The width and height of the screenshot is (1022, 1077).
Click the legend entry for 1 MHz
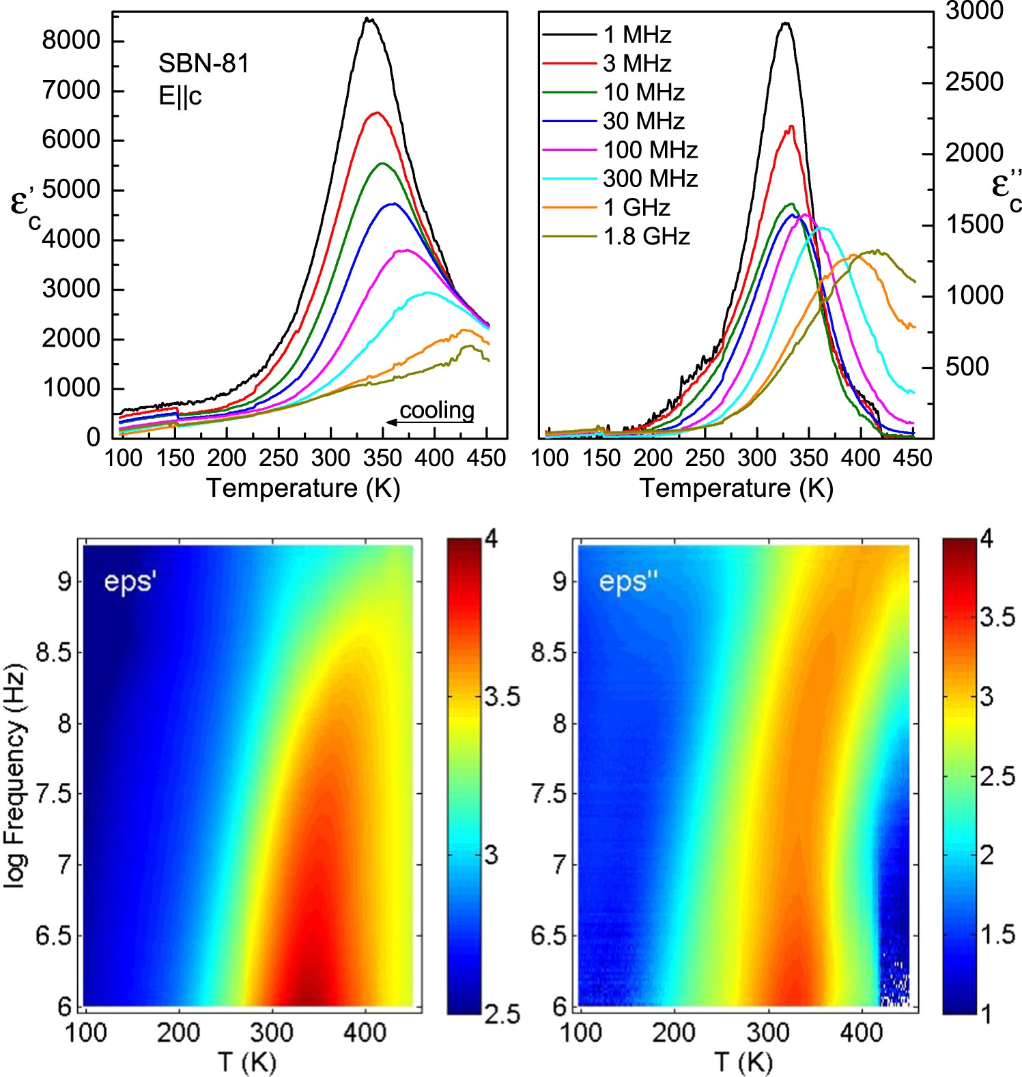click(x=636, y=34)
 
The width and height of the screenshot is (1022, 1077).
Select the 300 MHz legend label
click(x=649, y=179)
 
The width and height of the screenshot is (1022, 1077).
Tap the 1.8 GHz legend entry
click(x=646, y=237)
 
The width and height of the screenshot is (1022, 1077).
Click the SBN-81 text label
click(x=203, y=63)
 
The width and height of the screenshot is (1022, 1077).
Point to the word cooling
click(x=436, y=410)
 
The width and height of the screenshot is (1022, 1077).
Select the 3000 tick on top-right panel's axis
click(x=974, y=11)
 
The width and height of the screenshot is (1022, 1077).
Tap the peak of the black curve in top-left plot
click(x=369, y=19)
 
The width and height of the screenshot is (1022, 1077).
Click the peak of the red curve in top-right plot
click(x=791, y=127)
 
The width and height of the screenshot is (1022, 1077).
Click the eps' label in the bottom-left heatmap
click(x=130, y=582)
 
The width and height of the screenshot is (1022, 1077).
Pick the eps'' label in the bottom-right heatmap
click(x=628, y=582)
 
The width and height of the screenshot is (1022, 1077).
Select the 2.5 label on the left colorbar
click(x=502, y=1014)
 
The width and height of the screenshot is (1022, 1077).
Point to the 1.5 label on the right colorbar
click(x=997, y=934)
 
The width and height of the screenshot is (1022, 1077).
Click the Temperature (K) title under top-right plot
click(x=736, y=488)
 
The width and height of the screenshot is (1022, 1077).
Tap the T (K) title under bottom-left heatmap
click(x=247, y=1062)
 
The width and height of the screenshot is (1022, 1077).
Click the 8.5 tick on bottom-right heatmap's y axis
click(x=549, y=652)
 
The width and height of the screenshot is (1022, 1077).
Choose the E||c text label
click(x=180, y=96)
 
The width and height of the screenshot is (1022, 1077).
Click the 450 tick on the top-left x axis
click(x=487, y=458)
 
